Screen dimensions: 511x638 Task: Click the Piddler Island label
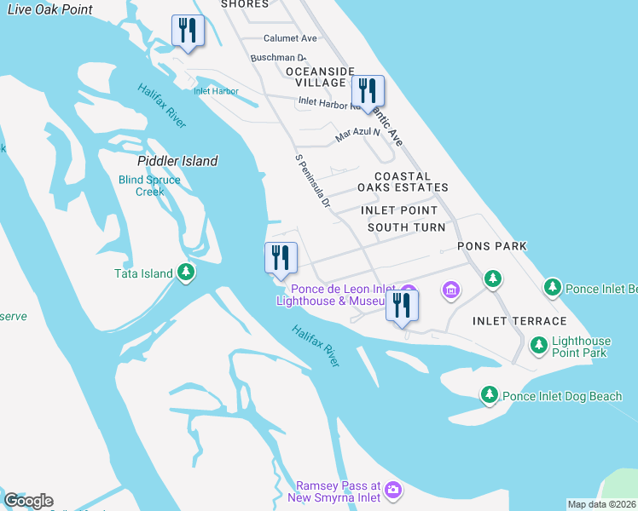[x=177, y=161]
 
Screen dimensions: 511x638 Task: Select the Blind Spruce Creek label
[x=149, y=186]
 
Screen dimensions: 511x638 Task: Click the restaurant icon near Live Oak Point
[x=186, y=31]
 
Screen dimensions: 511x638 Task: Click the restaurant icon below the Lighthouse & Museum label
[x=402, y=305]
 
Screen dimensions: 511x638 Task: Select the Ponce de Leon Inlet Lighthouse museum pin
[x=451, y=291]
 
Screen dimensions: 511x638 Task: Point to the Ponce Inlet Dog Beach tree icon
[x=490, y=394]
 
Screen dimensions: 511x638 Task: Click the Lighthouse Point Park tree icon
[x=539, y=345]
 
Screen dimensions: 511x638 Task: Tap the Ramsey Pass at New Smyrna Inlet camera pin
[x=392, y=490]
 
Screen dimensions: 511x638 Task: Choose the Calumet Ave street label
[x=290, y=38]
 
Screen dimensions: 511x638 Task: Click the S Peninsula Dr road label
[x=312, y=181]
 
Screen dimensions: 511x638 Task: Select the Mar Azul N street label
[x=357, y=134]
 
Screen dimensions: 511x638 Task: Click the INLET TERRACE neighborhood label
[x=519, y=321]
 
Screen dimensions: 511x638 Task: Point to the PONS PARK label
[x=491, y=246]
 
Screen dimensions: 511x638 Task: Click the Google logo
[x=28, y=501]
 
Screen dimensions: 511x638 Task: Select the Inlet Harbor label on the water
[x=215, y=91]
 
